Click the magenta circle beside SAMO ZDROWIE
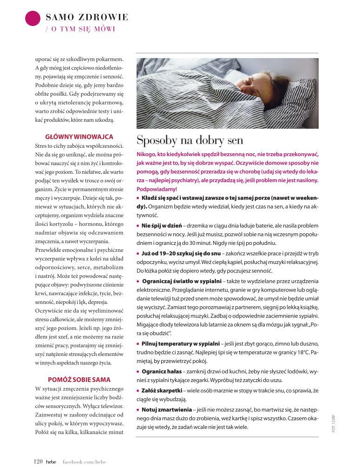coord(33,18)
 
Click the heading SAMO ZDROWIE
coord(87,18)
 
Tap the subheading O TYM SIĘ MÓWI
coord(80,29)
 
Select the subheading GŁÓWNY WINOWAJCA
coord(79,137)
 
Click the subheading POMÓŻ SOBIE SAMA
coord(79,379)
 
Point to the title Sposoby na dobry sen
coord(190,140)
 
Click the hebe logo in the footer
coord(51,461)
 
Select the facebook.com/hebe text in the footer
coord(84,461)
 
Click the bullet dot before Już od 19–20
coord(138,254)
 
